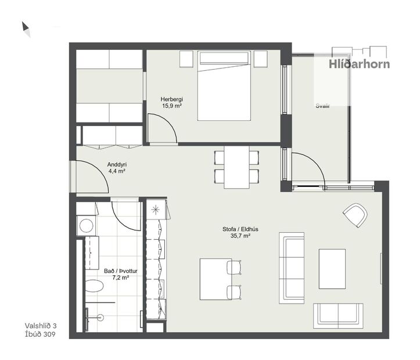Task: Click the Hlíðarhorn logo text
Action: (x=359, y=64)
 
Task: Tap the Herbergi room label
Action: (x=172, y=99)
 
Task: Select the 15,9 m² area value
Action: (x=172, y=106)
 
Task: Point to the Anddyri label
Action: (x=117, y=164)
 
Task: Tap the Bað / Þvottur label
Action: (x=116, y=270)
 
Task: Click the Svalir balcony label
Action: (x=322, y=106)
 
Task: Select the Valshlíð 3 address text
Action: (x=41, y=326)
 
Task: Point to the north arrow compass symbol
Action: (x=26, y=29)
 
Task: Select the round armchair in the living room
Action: (x=355, y=215)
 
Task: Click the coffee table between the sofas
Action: (x=332, y=268)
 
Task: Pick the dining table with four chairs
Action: (x=236, y=167)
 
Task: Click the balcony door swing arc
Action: (x=311, y=165)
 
